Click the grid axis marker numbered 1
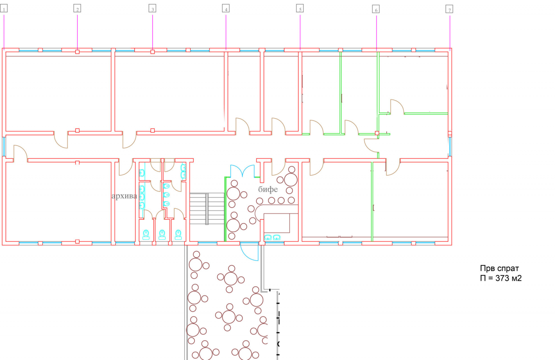click(4, 9)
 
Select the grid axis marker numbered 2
click(77, 9)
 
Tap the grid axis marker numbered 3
click(152, 9)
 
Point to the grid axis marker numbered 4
click(226, 9)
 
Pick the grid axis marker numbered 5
click(300, 9)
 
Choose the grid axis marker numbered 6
click(376, 9)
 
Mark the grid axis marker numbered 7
click(450, 9)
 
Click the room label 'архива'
click(124, 196)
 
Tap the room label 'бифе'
click(268, 189)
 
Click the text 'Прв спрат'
click(499, 268)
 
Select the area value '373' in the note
click(502, 278)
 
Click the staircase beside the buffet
click(207, 208)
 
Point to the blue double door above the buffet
click(242, 171)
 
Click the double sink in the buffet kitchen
click(272, 237)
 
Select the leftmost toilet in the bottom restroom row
click(146, 235)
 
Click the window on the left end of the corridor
click(4, 147)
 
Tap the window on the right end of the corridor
click(450, 147)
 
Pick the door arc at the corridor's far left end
click(20, 153)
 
